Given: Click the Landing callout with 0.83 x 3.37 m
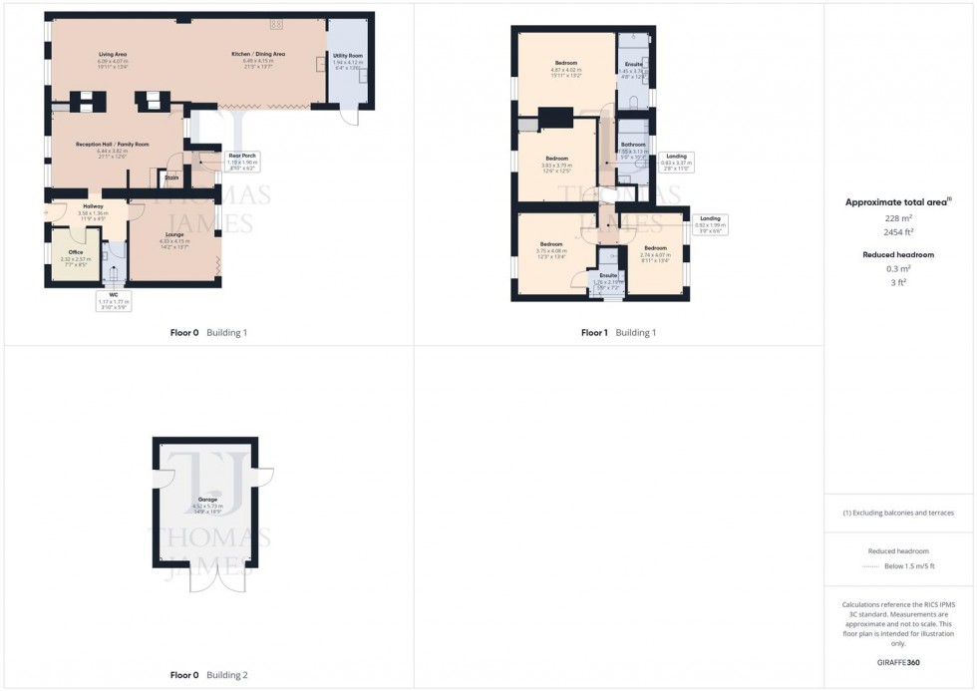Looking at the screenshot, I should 677,161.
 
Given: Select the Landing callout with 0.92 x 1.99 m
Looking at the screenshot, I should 710,222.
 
